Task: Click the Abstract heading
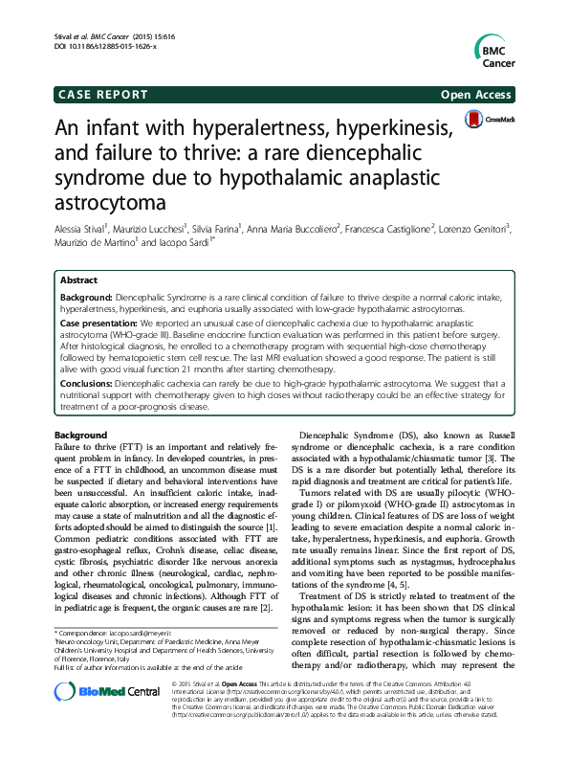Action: coord(78,279)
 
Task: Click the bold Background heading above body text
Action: coord(82,435)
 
